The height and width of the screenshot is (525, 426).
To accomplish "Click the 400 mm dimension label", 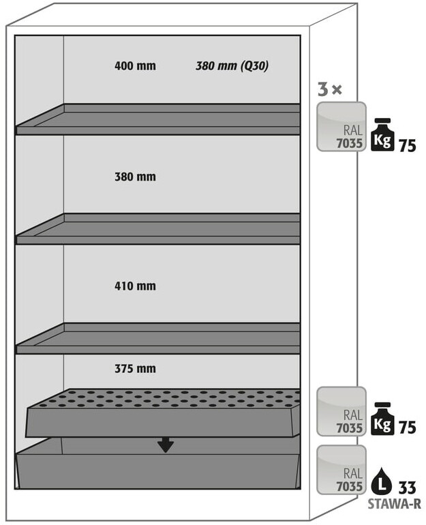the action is point(135,66).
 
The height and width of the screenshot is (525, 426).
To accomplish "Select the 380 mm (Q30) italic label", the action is point(232,66).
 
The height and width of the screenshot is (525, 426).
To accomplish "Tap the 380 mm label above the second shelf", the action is point(135,177).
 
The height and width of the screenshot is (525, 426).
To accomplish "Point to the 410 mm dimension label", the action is point(135,286).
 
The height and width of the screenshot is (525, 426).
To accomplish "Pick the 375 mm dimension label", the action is point(135,369).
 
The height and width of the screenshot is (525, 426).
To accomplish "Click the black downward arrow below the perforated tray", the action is point(165,445).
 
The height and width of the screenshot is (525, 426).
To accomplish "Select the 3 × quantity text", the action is point(330,89).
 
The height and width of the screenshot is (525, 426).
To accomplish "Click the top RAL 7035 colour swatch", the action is point(341,126).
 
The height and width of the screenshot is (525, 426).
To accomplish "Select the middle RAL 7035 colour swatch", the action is point(341,411).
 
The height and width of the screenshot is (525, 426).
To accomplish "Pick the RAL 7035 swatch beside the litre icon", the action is point(341,470).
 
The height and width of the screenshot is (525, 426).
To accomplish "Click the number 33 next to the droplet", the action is point(407,487).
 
